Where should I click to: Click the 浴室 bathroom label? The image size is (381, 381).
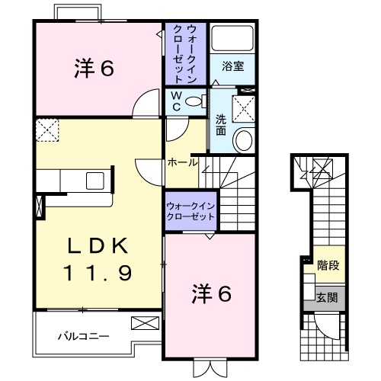point(233,66)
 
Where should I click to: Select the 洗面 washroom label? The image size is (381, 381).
point(220,123)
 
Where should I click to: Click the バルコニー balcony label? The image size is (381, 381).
point(84,335)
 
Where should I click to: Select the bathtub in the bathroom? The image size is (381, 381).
point(233,39)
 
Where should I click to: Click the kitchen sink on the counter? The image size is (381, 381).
point(97,180)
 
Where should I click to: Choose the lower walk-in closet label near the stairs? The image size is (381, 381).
point(190,210)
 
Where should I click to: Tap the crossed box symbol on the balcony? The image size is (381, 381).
point(142,322)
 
